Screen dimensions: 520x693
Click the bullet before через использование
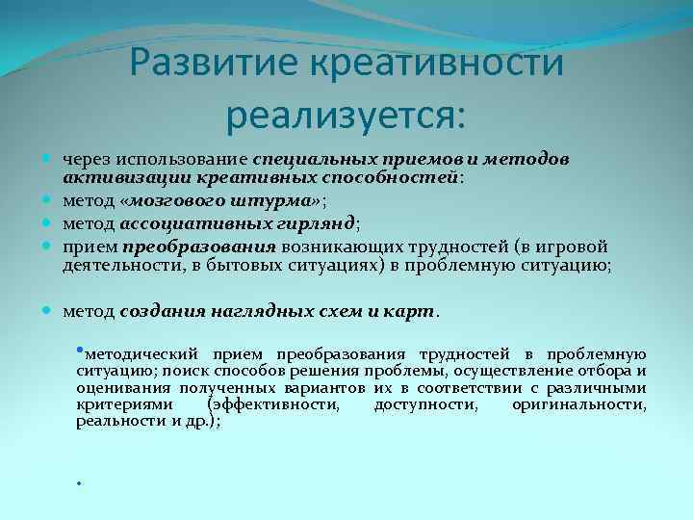49,157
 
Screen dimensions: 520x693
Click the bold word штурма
286,200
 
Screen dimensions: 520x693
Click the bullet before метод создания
49,311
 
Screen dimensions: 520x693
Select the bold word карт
415,312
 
